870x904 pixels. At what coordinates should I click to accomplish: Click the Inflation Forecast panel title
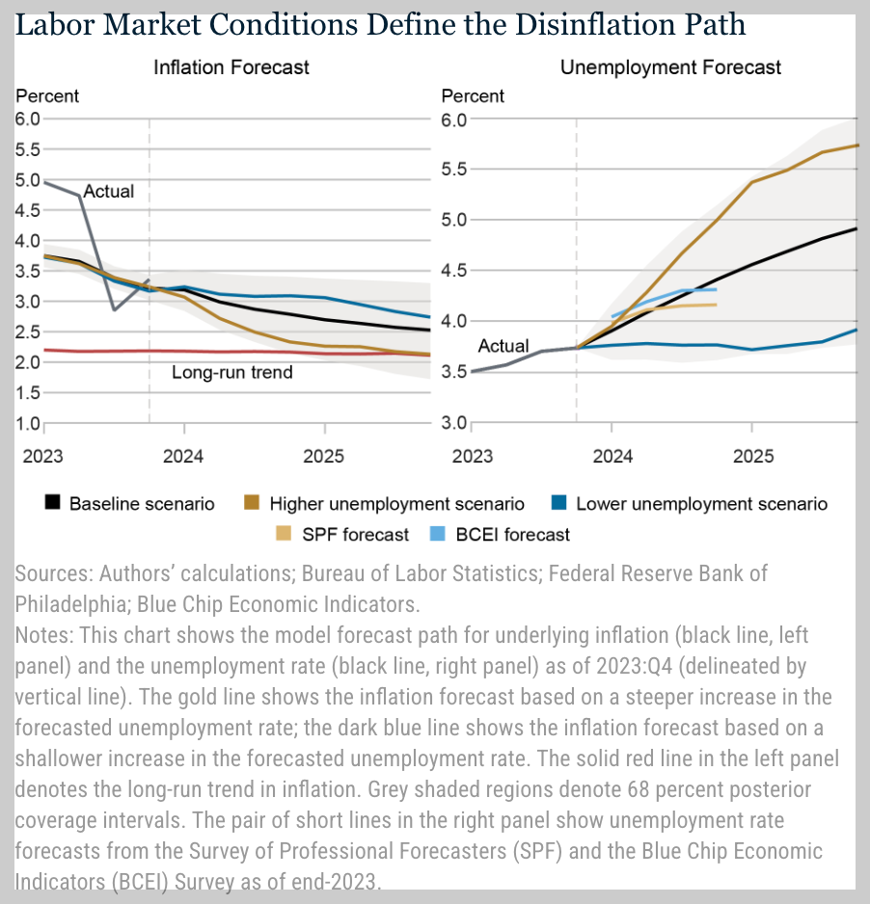click(231, 67)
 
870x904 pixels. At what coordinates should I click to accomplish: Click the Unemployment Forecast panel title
click(670, 67)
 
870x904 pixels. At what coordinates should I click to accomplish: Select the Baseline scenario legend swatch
click(54, 503)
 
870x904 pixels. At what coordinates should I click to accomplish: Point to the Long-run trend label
click(231, 372)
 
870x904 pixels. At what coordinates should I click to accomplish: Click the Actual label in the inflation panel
click(109, 191)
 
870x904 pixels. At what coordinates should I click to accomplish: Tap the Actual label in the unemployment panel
click(503, 346)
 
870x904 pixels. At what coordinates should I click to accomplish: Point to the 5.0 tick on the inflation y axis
click(27, 179)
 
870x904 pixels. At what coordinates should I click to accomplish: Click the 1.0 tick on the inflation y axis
click(27, 423)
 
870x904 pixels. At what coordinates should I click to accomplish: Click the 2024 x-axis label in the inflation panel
click(183, 453)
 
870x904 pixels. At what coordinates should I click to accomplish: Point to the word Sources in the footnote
click(53, 573)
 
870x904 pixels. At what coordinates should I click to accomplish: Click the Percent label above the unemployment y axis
click(473, 96)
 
